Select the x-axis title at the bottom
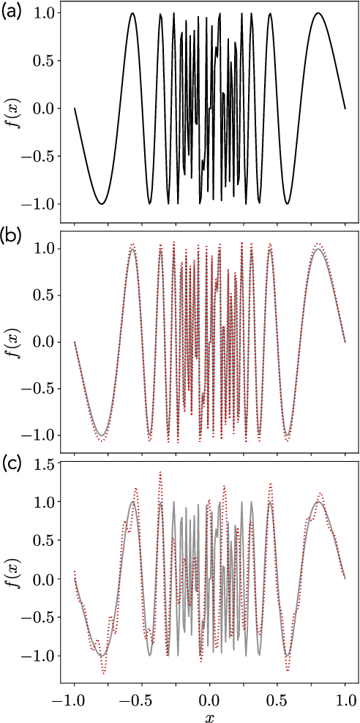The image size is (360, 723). (x=209, y=715)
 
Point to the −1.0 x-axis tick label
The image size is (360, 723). (x=70, y=697)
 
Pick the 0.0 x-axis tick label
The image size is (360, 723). (x=210, y=697)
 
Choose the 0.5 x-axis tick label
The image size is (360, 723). (x=277, y=697)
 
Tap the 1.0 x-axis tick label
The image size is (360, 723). (x=345, y=697)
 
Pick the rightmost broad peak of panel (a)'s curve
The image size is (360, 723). (x=318, y=13)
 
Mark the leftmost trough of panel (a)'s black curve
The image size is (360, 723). (x=102, y=203)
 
